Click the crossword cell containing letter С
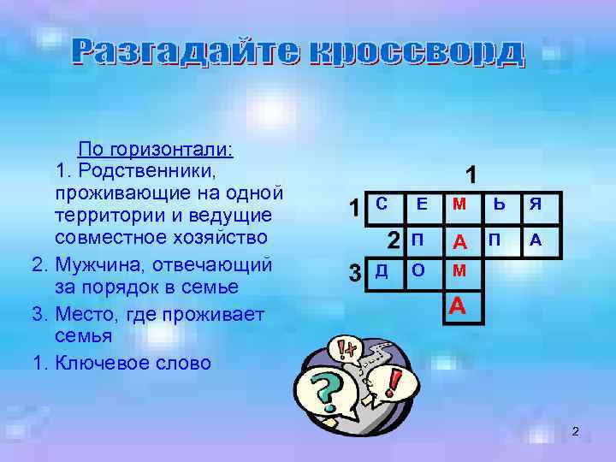click(x=383, y=205)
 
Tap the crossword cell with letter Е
click(x=421, y=205)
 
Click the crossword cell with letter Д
click(x=382, y=272)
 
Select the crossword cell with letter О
click(x=420, y=272)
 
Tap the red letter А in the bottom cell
click(x=459, y=305)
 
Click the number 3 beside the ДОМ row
click(x=354, y=274)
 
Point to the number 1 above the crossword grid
click(x=471, y=175)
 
